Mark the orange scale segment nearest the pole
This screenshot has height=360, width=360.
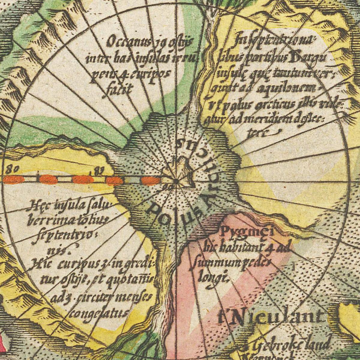(x=151, y=181)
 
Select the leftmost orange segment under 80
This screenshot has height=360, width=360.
(x=13, y=180)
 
